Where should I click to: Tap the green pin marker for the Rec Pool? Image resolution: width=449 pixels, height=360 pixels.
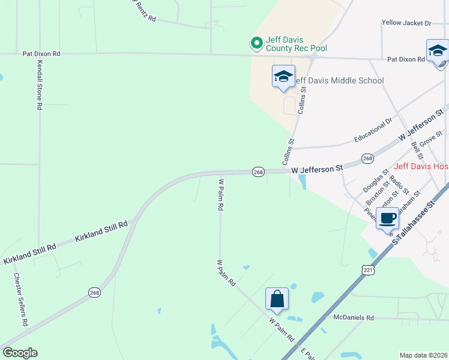click(256, 43)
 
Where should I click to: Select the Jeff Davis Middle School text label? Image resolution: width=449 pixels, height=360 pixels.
click(339, 80)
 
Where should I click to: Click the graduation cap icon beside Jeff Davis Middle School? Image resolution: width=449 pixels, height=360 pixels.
click(283, 77)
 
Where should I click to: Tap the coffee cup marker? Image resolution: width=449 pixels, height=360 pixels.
click(388, 218)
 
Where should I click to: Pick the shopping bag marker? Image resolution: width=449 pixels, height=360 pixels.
click(277, 299)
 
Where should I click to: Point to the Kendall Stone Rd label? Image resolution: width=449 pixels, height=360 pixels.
click(40, 84)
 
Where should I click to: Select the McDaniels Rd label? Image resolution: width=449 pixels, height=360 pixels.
click(354, 317)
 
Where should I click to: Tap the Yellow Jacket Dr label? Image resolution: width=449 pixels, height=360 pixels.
click(406, 23)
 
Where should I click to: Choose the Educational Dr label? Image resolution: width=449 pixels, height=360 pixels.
click(373, 130)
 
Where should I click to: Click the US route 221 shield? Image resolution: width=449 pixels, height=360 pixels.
click(368, 271)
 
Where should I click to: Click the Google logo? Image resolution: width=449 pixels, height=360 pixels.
click(20, 353)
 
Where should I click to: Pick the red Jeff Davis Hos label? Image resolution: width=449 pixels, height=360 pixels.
click(421, 166)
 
